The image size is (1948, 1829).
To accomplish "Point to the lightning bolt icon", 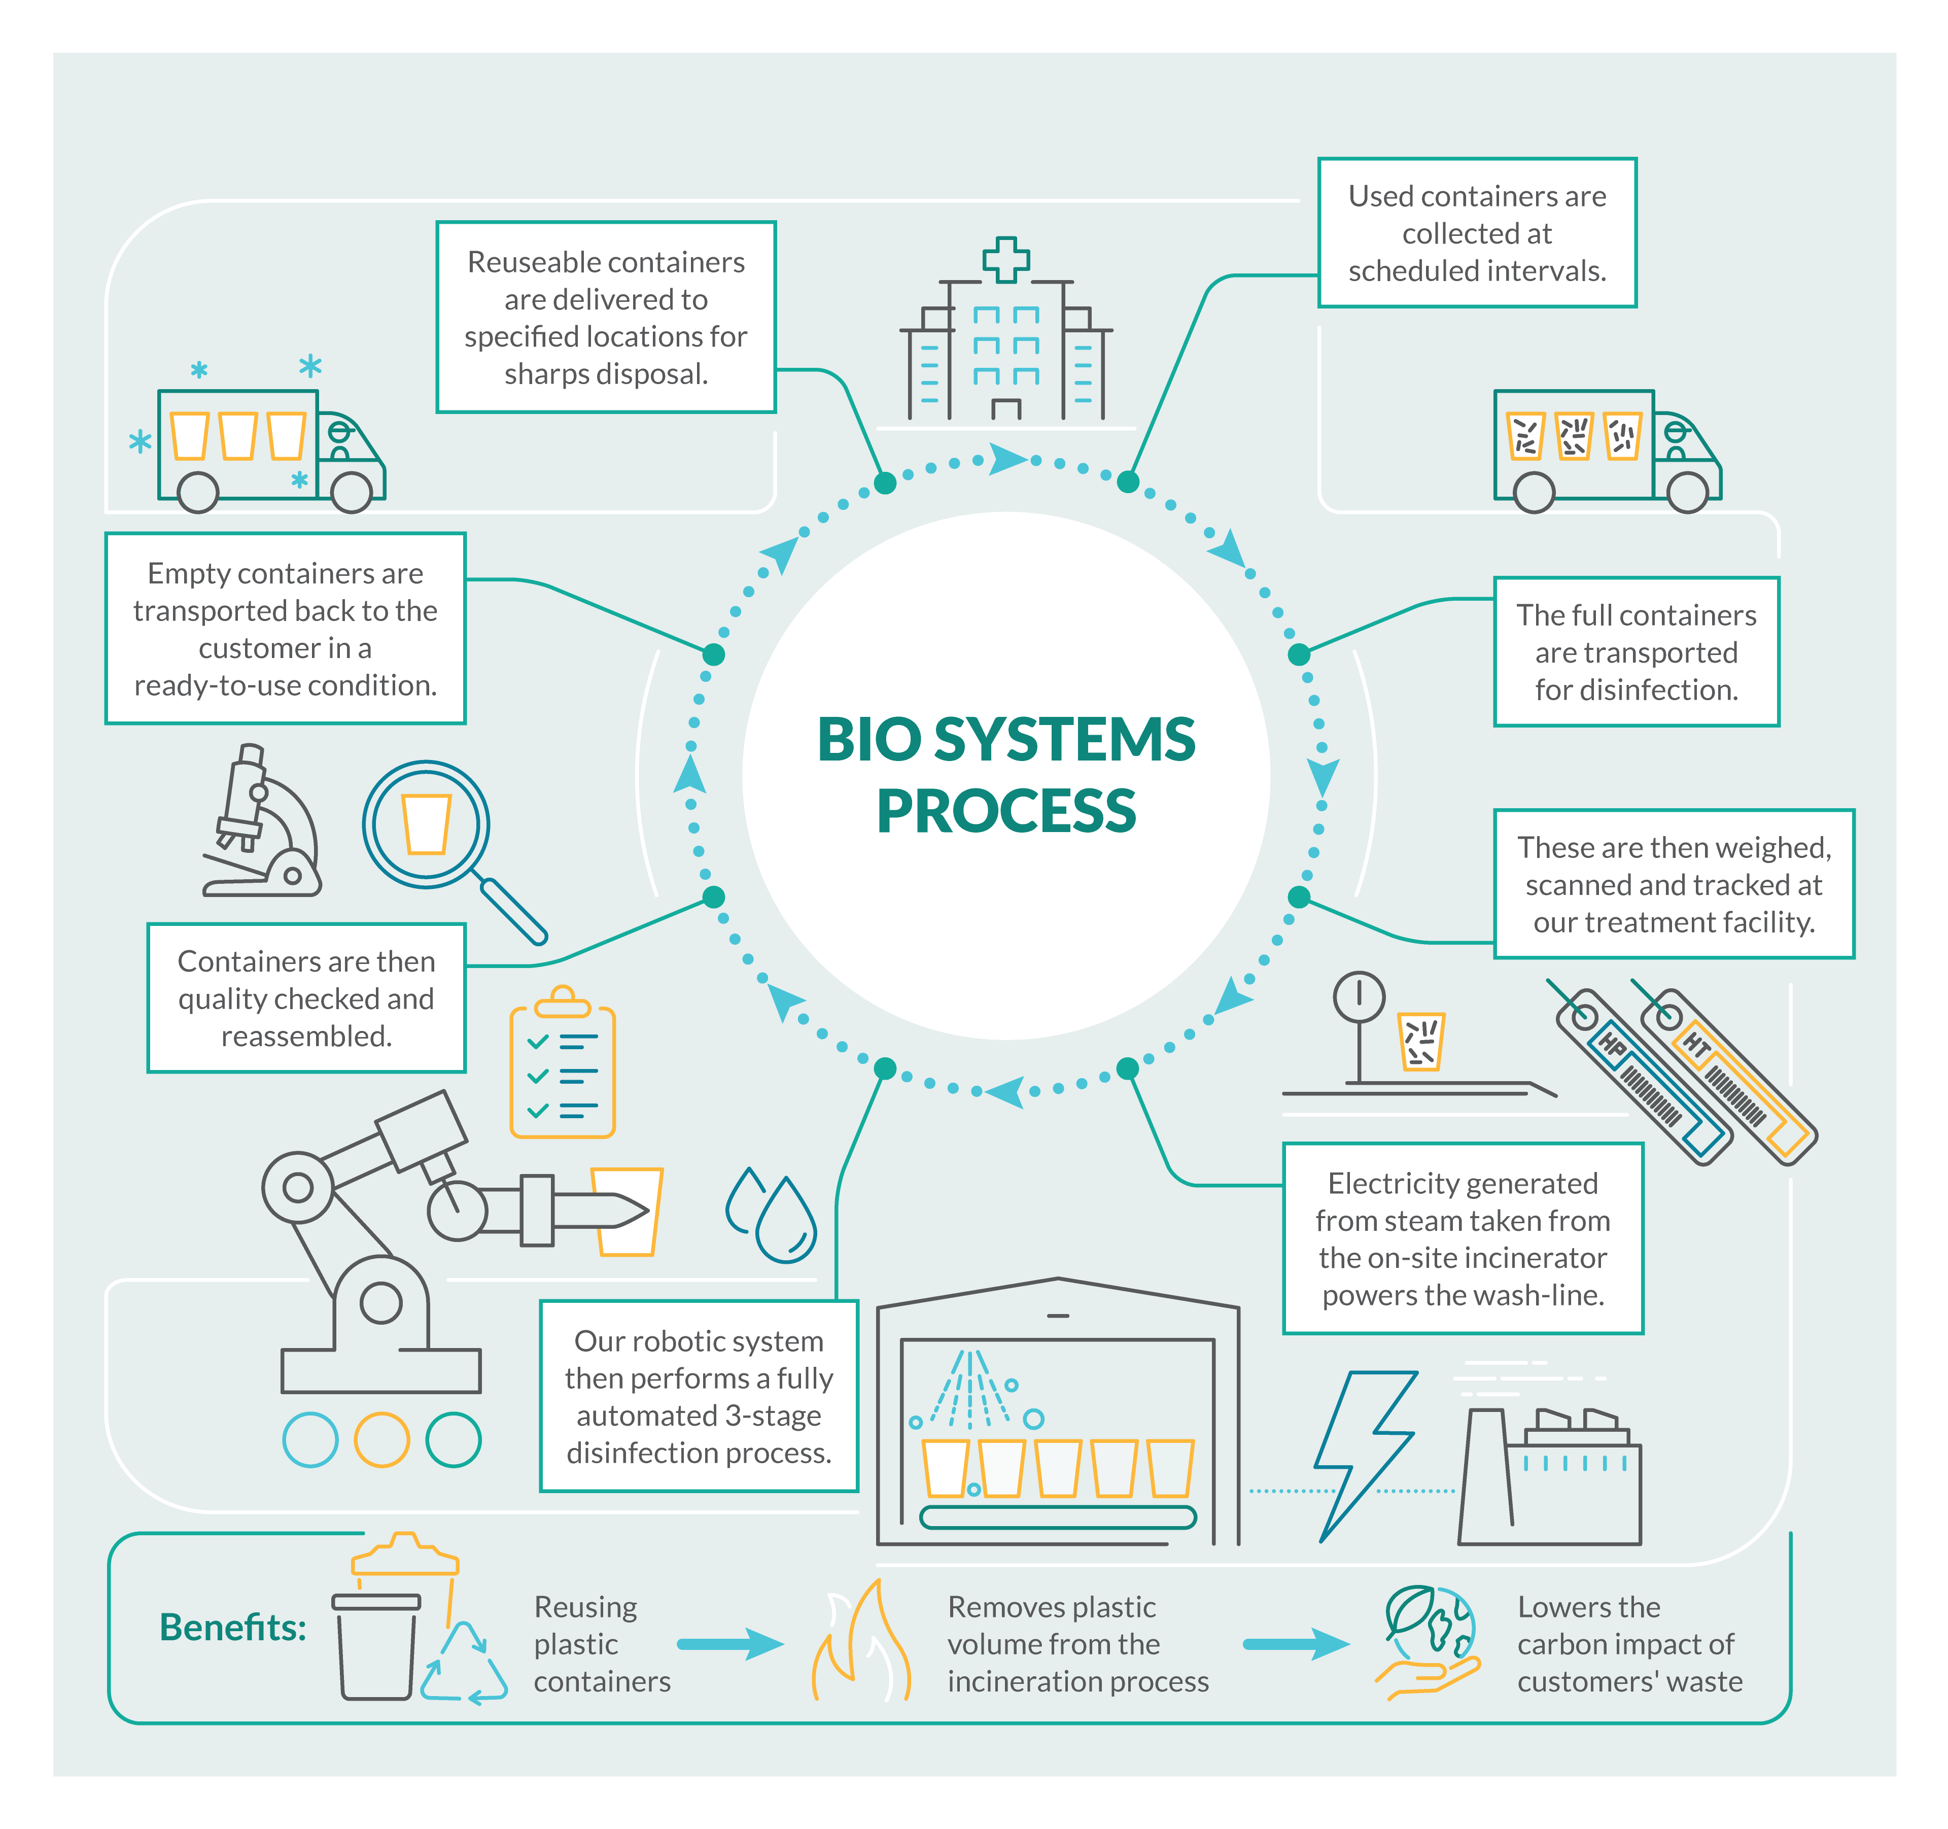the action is (x=1365, y=1456).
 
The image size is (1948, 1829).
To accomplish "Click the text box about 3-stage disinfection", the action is (x=699, y=1396).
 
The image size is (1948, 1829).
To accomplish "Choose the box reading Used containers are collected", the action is (x=1477, y=232).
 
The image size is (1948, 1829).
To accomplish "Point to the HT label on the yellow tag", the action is (x=1696, y=1045).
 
